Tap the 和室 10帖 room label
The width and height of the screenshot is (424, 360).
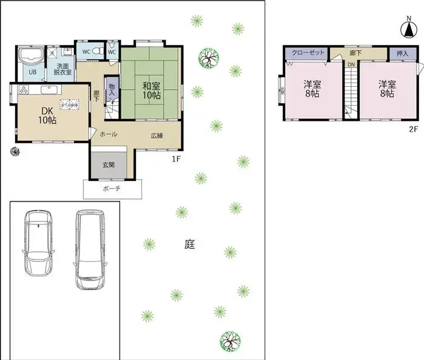point(152,90)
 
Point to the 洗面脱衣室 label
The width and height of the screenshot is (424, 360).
point(63,69)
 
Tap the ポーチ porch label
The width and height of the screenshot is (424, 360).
point(112,189)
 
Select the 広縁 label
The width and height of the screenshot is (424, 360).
point(157,135)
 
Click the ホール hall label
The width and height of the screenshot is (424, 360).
point(108,134)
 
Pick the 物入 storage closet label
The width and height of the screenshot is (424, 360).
point(112,90)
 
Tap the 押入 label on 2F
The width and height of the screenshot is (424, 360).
point(402,53)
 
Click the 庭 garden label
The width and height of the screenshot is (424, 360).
point(190,245)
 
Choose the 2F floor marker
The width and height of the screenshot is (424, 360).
point(414,129)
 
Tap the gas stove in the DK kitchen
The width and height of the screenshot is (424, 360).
point(23,90)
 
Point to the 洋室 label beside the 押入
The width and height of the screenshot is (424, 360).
point(387,89)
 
